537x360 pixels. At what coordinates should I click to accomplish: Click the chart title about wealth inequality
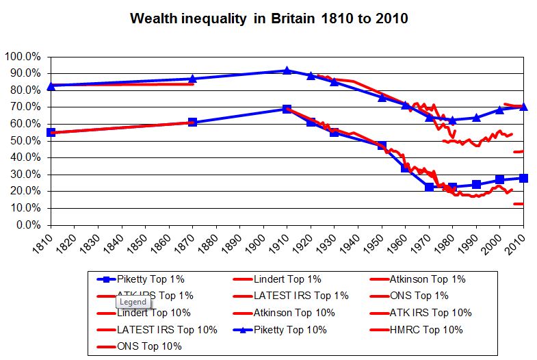[x=269, y=19]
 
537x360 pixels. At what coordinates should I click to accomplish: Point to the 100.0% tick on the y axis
[x=23, y=56]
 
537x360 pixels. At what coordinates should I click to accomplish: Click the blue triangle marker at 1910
[x=287, y=70]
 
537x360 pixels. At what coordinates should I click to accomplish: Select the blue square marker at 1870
[x=192, y=122]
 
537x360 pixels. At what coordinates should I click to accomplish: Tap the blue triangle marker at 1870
[x=192, y=79]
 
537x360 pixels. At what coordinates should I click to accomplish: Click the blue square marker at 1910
[x=287, y=109]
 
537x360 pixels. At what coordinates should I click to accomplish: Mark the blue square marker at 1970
[x=429, y=186]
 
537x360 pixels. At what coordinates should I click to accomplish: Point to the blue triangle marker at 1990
[x=476, y=117]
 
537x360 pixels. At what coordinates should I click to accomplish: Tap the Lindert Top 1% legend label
[x=287, y=279]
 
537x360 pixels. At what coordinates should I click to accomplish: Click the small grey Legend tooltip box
[x=133, y=301]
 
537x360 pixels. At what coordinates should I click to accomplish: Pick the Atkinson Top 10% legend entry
[x=295, y=313]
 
